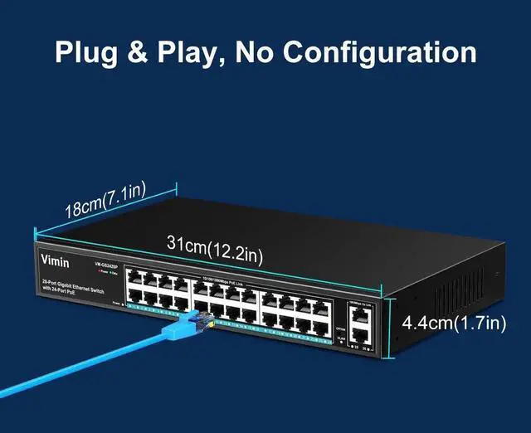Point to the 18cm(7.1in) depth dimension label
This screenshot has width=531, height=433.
click(x=105, y=199)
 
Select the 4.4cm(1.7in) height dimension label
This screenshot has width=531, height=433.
click(x=453, y=323)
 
